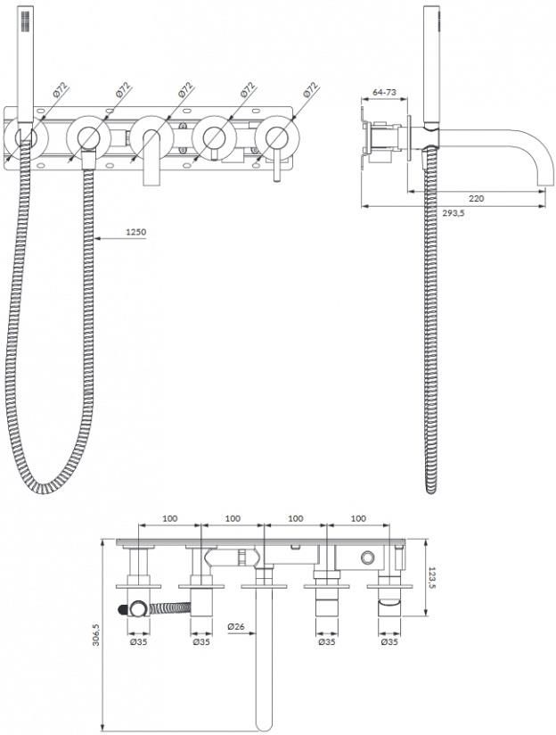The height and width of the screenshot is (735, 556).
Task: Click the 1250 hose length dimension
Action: click(x=135, y=232)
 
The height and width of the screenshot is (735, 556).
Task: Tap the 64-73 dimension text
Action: click(x=384, y=92)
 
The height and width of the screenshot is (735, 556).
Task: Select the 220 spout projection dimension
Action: click(x=477, y=198)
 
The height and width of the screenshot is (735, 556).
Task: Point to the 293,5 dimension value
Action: click(x=454, y=213)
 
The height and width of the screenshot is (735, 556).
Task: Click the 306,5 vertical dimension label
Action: click(x=96, y=635)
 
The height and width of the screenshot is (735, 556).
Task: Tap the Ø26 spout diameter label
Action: click(x=236, y=626)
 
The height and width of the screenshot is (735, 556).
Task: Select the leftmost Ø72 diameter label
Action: click(x=61, y=89)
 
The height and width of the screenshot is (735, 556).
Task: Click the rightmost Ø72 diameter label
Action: click(x=311, y=89)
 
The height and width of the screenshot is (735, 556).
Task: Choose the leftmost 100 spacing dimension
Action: click(x=169, y=518)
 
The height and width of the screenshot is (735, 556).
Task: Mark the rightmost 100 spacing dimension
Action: click(x=358, y=518)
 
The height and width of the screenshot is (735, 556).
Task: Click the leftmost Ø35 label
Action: click(x=139, y=641)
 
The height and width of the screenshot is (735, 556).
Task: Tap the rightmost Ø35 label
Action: click(x=389, y=641)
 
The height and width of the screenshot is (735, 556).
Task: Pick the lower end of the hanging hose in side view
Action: click(x=431, y=491)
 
